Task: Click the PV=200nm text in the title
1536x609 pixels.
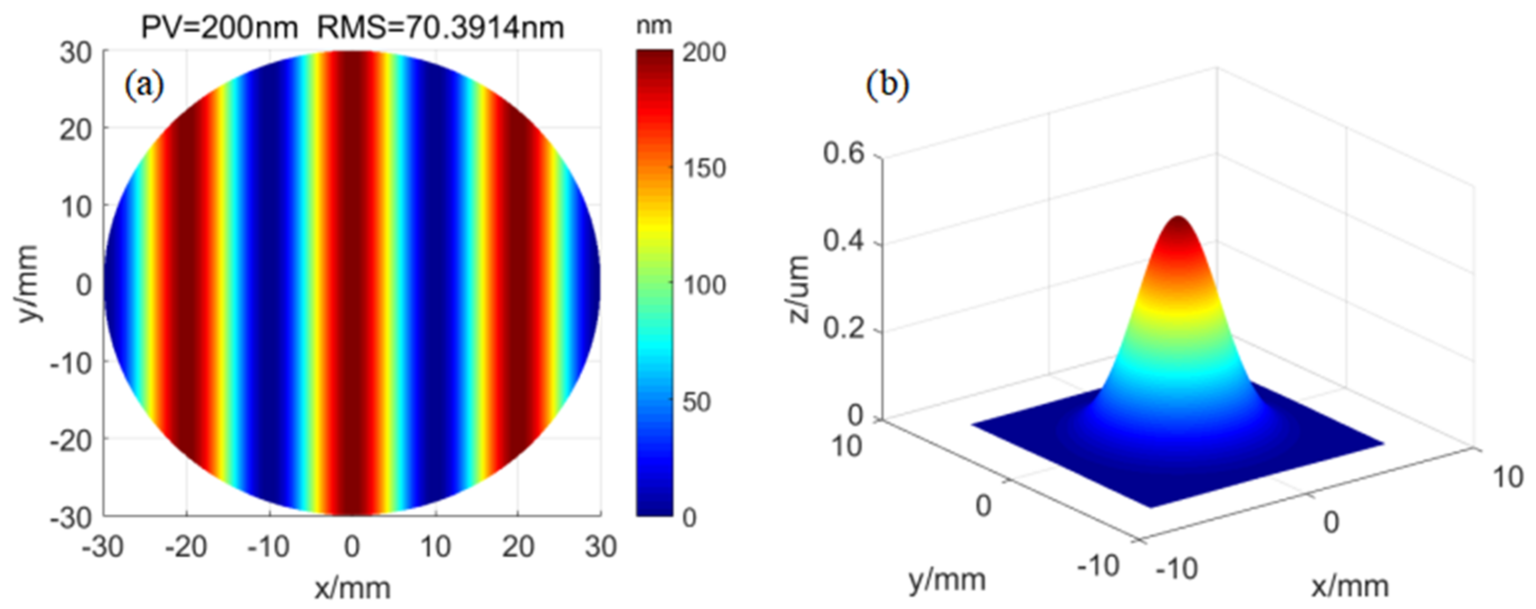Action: [218, 28]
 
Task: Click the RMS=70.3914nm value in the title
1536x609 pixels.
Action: [440, 28]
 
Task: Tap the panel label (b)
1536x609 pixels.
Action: [887, 85]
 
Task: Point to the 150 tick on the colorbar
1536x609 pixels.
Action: [704, 169]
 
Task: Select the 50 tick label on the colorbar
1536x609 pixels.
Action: [697, 403]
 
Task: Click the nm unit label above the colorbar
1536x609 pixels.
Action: [654, 26]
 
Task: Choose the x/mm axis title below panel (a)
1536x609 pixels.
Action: [353, 588]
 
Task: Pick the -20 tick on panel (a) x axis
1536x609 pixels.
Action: [186, 546]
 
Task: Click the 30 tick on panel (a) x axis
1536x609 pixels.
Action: [600, 546]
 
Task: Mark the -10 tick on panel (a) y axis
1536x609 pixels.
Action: [72, 363]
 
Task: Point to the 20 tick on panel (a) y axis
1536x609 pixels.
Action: [76, 129]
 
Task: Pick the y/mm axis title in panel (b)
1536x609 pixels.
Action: [947, 579]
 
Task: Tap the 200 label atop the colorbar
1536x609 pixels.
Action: [704, 53]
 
